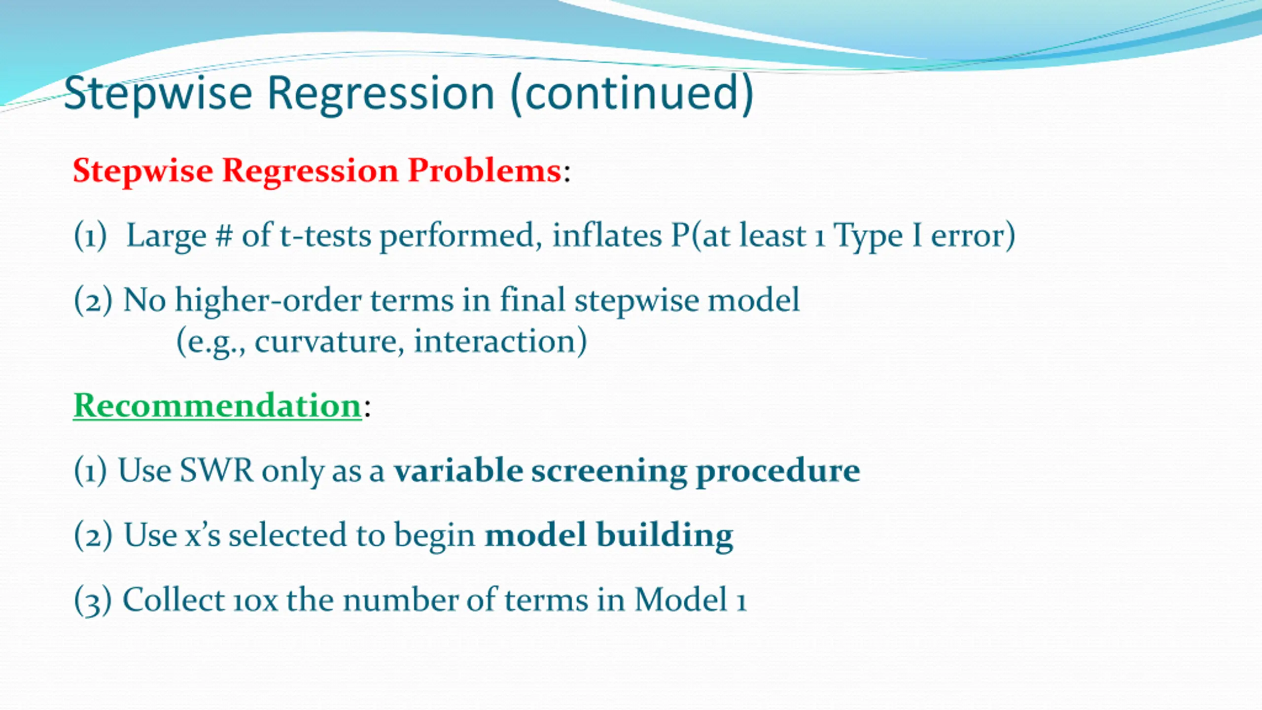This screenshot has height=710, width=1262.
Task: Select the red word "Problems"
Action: (485, 171)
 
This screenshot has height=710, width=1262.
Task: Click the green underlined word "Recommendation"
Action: (217, 405)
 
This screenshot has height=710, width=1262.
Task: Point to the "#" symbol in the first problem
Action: (223, 235)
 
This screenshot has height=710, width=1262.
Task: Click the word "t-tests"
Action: (325, 235)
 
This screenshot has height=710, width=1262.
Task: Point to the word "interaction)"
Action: (500, 341)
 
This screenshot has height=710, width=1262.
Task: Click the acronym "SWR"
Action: (216, 470)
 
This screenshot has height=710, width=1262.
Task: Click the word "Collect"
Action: (174, 600)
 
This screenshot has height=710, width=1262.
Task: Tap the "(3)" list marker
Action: (93, 601)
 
